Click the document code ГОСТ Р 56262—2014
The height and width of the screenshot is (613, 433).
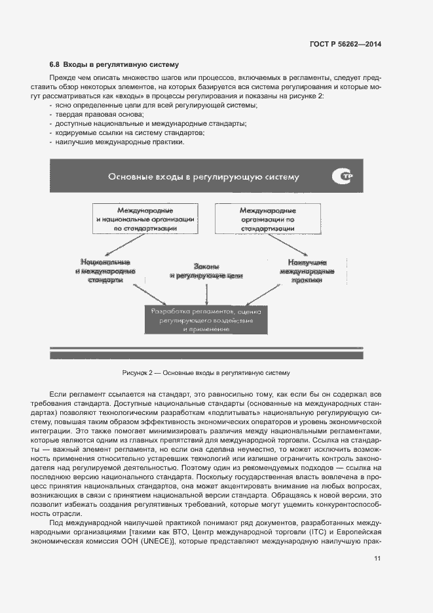click(x=345, y=45)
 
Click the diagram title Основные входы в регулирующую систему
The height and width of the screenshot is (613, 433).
click(x=203, y=176)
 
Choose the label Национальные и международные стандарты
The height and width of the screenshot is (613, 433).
click(x=105, y=270)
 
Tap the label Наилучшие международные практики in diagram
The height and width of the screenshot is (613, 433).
click(x=307, y=271)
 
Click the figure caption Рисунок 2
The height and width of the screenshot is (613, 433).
click(x=206, y=372)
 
